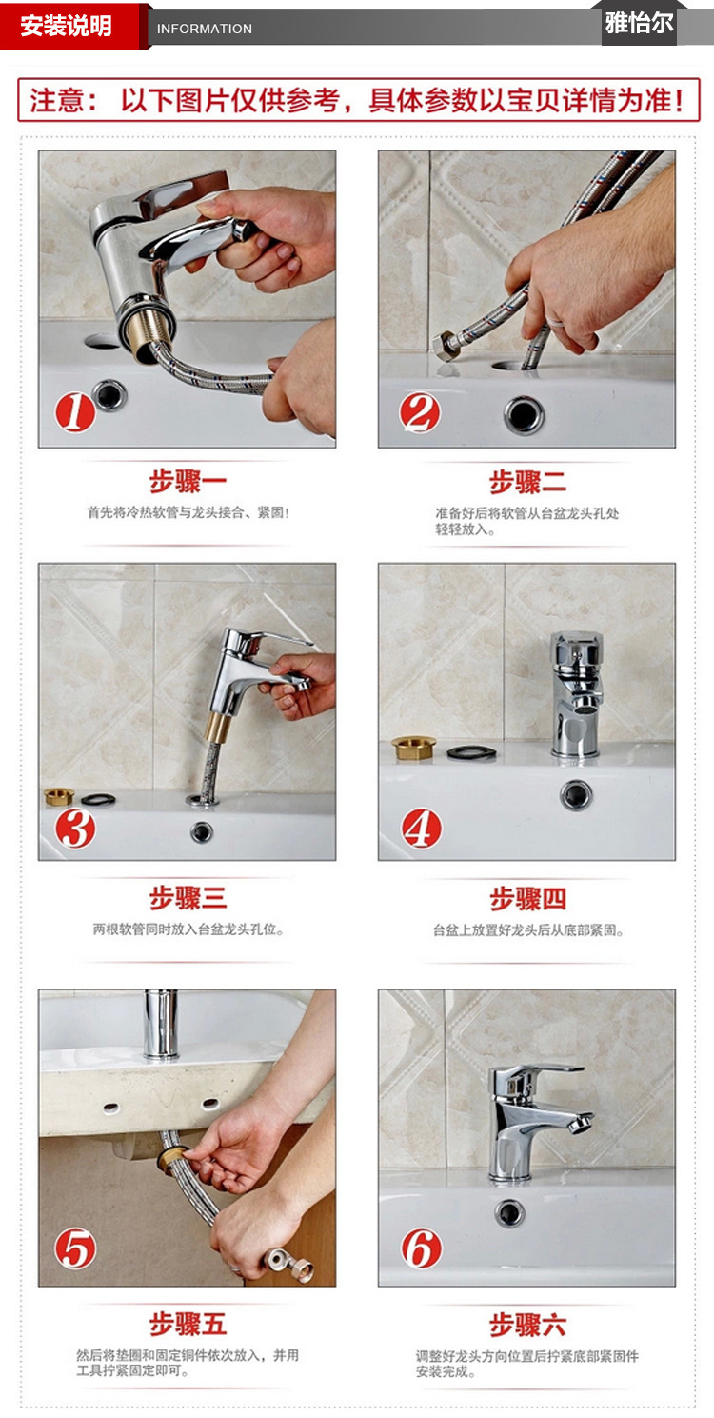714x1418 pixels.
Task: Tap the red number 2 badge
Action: coord(420,412)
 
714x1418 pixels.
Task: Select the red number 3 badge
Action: coord(75,828)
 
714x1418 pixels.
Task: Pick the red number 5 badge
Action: coord(75,1248)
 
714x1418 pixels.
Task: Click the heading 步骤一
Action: coord(188,482)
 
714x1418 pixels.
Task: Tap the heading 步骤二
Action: coord(528,482)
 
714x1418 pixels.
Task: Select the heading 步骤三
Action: coord(188,898)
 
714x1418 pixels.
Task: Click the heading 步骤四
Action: coord(528,898)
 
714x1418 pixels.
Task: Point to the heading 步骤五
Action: coord(188,1324)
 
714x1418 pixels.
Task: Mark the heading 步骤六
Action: coord(528,1324)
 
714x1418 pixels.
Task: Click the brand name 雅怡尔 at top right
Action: coord(639,23)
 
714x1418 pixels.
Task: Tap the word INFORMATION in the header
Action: coord(205,29)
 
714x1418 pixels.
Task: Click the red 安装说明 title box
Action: coord(67,26)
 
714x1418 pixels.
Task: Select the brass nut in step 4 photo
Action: coord(413,748)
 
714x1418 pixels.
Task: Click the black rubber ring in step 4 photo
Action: coord(471,752)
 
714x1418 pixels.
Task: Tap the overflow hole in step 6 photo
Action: coord(510,1213)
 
